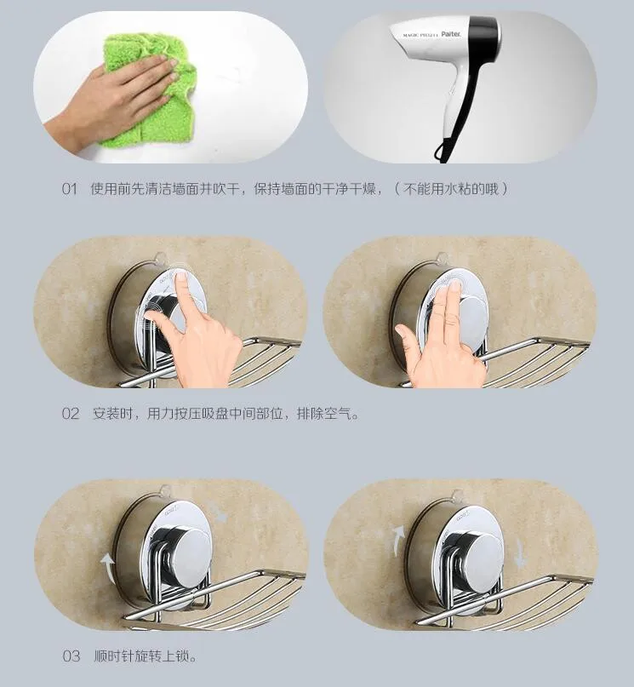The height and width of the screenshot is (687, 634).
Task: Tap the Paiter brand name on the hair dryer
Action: pos(450,34)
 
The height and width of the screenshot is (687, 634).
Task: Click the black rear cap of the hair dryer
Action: pos(485,36)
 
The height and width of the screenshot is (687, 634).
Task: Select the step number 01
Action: pos(70,189)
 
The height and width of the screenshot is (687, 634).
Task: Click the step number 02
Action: pos(71,414)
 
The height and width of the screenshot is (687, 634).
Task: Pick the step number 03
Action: pos(71,656)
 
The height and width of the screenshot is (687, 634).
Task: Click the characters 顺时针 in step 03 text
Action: pos(114,656)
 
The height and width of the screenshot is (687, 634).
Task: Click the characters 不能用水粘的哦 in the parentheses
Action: pos(451,189)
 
